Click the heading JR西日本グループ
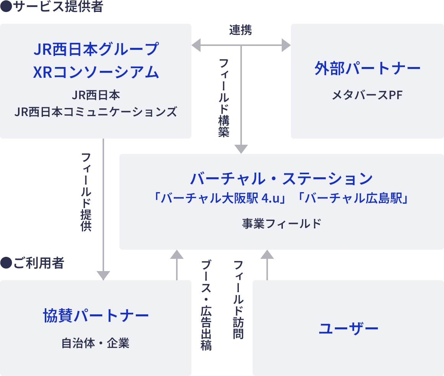pyautogui.click(x=96, y=49)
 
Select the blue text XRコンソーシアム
pyautogui.click(x=96, y=72)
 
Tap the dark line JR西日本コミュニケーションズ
pyautogui.click(x=96, y=112)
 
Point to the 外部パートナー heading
pyautogui.click(x=367, y=69)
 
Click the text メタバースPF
pyautogui.click(x=367, y=95)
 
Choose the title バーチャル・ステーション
pyautogui.click(x=281, y=178)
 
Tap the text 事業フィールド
pyautogui.click(x=281, y=224)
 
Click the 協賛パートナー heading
pyautogui.click(x=96, y=316)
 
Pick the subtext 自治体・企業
pyautogui.click(x=96, y=343)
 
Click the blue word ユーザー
pyautogui.click(x=348, y=329)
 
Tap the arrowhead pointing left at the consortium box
pyautogui.click(x=197, y=45)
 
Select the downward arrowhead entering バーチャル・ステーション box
pyautogui.click(x=240, y=149)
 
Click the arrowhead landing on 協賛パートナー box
pyautogui.click(x=103, y=274)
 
